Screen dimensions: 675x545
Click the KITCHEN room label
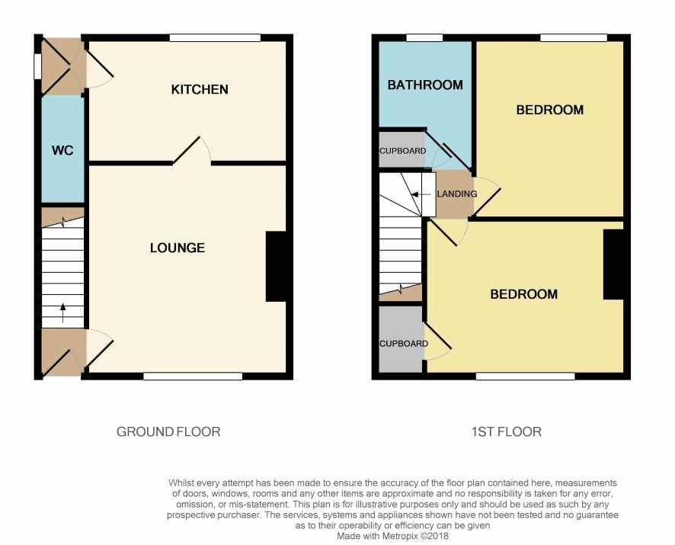click(x=200, y=89)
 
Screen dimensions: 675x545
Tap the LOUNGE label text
click(x=178, y=248)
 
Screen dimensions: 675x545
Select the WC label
click(x=62, y=150)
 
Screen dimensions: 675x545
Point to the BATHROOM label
click(x=425, y=85)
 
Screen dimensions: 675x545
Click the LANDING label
click(x=457, y=194)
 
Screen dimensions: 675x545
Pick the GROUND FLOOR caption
click(x=168, y=431)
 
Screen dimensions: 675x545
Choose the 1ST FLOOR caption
click(x=506, y=431)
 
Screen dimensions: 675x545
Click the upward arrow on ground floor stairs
click(x=62, y=313)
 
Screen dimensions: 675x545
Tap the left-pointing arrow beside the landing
click(x=421, y=194)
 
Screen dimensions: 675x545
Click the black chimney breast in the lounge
click(x=276, y=266)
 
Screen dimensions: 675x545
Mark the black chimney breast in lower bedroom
click(x=613, y=264)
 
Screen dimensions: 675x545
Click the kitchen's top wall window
click(x=216, y=38)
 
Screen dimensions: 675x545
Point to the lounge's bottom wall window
click(x=193, y=377)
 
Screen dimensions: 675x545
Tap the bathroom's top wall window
click(x=424, y=38)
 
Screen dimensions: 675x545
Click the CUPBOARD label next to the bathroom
click(x=402, y=151)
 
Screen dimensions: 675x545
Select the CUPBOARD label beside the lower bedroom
click(x=403, y=343)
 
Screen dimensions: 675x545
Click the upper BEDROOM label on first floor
click(x=550, y=110)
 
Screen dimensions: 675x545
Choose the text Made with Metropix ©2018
click(x=392, y=537)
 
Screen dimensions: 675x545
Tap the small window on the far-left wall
click(x=38, y=66)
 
